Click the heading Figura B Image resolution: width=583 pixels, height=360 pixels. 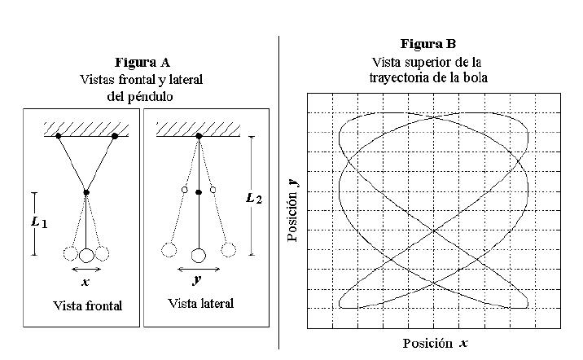click(x=428, y=43)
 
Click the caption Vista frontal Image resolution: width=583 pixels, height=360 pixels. click(x=87, y=306)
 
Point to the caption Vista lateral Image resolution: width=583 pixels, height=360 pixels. click(x=200, y=304)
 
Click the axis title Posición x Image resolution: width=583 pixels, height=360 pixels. click(x=435, y=344)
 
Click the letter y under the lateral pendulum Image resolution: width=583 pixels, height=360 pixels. click(x=198, y=281)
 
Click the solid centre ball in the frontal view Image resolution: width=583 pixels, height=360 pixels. click(x=86, y=255)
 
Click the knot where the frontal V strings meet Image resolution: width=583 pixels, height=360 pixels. click(x=86, y=192)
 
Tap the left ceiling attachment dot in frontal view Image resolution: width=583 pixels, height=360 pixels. click(x=59, y=136)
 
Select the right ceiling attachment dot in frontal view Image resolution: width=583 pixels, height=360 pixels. click(x=115, y=136)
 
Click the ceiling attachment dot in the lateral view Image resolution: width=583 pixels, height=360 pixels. click(x=198, y=136)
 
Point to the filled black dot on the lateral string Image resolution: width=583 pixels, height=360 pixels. click(x=198, y=192)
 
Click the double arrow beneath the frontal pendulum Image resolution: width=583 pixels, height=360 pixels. click(x=86, y=269)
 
